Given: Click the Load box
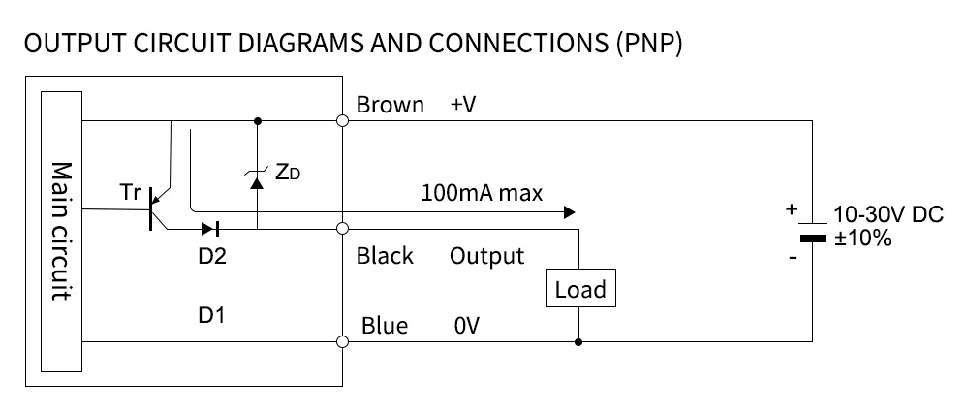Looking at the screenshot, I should point(580,289).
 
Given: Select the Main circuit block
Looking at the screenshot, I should point(61,231).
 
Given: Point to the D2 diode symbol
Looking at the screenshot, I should point(210,230).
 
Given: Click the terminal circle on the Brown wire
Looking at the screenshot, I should point(341,121).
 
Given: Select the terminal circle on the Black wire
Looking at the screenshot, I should point(341,230).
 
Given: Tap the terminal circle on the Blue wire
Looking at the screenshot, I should point(341,341).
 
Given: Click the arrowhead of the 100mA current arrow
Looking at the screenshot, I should point(570,211).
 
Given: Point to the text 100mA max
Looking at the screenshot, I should point(481,192).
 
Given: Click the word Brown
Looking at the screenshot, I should point(391,105).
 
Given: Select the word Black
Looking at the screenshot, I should point(385,256).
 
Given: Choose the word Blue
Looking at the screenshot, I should point(384,326).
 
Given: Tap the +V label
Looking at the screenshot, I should point(463,105).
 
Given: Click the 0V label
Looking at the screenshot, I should point(466,326).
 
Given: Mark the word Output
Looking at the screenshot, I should point(486,256).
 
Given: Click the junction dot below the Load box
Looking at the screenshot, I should point(579,341).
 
